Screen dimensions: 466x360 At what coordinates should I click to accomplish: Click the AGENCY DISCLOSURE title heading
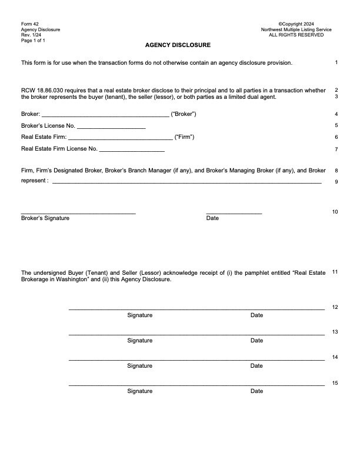[x=178, y=45]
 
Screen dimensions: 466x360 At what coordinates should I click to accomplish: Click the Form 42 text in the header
[x=29, y=24]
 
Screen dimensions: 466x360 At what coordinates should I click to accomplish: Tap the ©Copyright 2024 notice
[x=296, y=24]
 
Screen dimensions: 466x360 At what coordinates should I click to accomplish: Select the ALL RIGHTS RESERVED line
[x=296, y=35]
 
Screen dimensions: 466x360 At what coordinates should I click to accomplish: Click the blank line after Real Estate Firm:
[x=121, y=138]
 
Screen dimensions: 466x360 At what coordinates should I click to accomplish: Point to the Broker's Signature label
[x=45, y=218]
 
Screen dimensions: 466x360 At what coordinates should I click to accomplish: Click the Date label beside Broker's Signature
[x=212, y=218]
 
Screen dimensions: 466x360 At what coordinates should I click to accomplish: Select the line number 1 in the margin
[x=336, y=62]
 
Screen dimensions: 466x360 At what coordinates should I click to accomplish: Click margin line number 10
[x=335, y=212]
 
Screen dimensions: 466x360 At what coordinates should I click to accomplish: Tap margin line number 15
[x=335, y=383]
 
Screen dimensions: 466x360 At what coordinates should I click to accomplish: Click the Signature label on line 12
[x=140, y=315]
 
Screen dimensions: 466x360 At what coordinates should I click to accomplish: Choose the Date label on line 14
[x=256, y=366]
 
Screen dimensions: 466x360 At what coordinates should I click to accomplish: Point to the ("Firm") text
[x=185, y=137]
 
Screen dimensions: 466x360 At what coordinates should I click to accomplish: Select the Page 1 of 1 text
[x=33, y=40]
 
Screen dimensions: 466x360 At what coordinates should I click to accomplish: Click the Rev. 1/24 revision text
[x=31, y=35]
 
